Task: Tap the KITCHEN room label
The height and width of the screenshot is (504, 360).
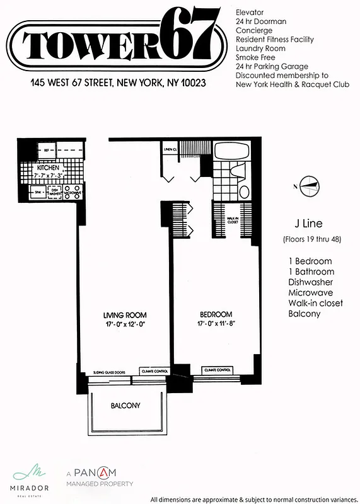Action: (x=48, y=168)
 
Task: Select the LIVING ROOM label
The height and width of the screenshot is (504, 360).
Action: (x=125, y=314)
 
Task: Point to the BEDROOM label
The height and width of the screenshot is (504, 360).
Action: (x=216, y=314)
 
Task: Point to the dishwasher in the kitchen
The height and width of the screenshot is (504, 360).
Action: (x=55, y=192)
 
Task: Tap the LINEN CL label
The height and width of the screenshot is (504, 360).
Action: (x=170, y=149)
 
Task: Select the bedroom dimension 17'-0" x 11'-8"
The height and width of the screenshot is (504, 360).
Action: (x=216, y=324)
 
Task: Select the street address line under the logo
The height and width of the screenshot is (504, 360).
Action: (x=119, y=83)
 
